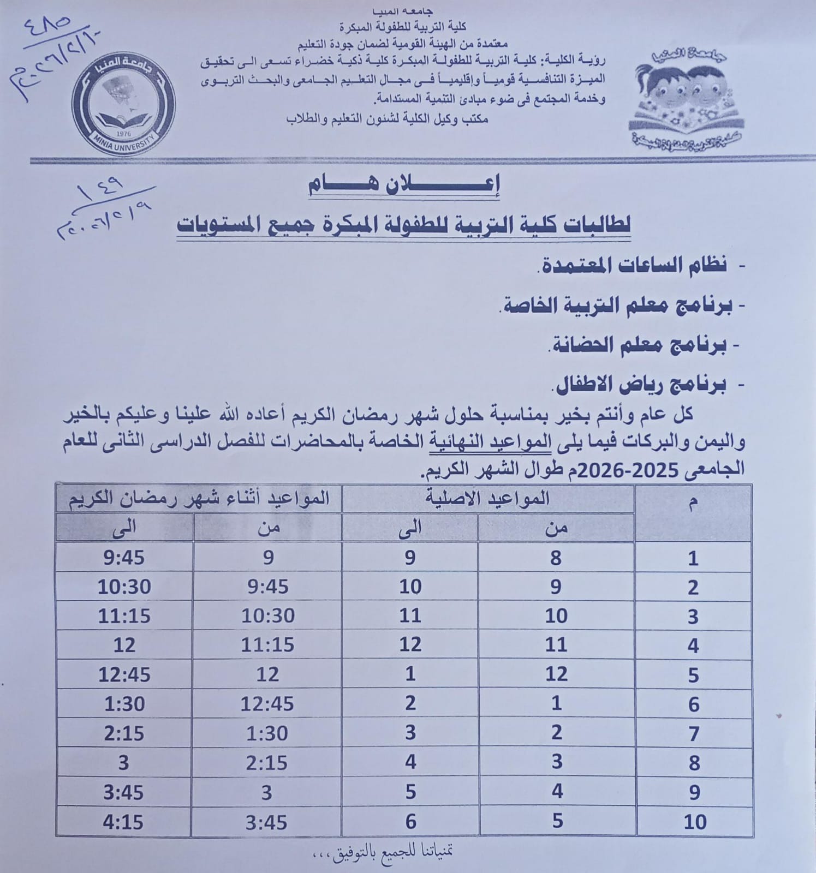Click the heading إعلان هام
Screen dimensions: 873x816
[404, 185]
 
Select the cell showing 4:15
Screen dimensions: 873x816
[124, 822]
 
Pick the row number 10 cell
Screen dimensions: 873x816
[694, 822]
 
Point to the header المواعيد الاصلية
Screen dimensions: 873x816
[487, 499]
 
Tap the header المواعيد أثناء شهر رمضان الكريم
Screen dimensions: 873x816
[199, 499]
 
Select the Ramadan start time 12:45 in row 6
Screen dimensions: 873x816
[267, 704]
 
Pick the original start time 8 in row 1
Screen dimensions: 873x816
[556, 558]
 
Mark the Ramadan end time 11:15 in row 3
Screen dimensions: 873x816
[124, 616]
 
